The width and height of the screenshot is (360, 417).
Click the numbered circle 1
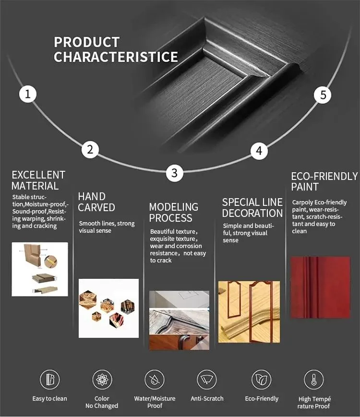tap(28, 94)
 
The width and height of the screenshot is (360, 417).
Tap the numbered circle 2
tap(90, 150)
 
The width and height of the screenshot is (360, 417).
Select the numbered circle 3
tap(174, 173)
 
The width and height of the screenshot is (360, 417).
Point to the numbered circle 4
tap(259, 151)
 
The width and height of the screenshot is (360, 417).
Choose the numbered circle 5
tap(323, 95)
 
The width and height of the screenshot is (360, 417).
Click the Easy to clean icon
tap(49, 380)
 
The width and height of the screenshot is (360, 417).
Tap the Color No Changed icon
tap(102, 380)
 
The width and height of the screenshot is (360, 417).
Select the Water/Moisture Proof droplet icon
tap(155, 380)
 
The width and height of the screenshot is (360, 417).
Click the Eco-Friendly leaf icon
tap(262, 380)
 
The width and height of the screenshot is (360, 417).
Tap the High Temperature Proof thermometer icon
tap(314, 380)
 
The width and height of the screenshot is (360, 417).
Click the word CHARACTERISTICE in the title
tap(116, 57)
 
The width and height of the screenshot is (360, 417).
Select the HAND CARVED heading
tap(96, 202)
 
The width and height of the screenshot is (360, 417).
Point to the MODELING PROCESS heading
tap(173, 213)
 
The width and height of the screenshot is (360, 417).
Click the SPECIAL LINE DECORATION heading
tap(252, 208)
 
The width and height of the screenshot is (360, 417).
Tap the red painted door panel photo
tap(320, 287)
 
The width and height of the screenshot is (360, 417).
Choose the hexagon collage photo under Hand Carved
tap(108, 308)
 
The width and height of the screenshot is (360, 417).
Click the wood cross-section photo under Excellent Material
tap(40, 269)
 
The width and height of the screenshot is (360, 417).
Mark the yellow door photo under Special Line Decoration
tap(249, 311)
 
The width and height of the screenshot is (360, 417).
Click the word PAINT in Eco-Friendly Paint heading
tap(305, 187)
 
